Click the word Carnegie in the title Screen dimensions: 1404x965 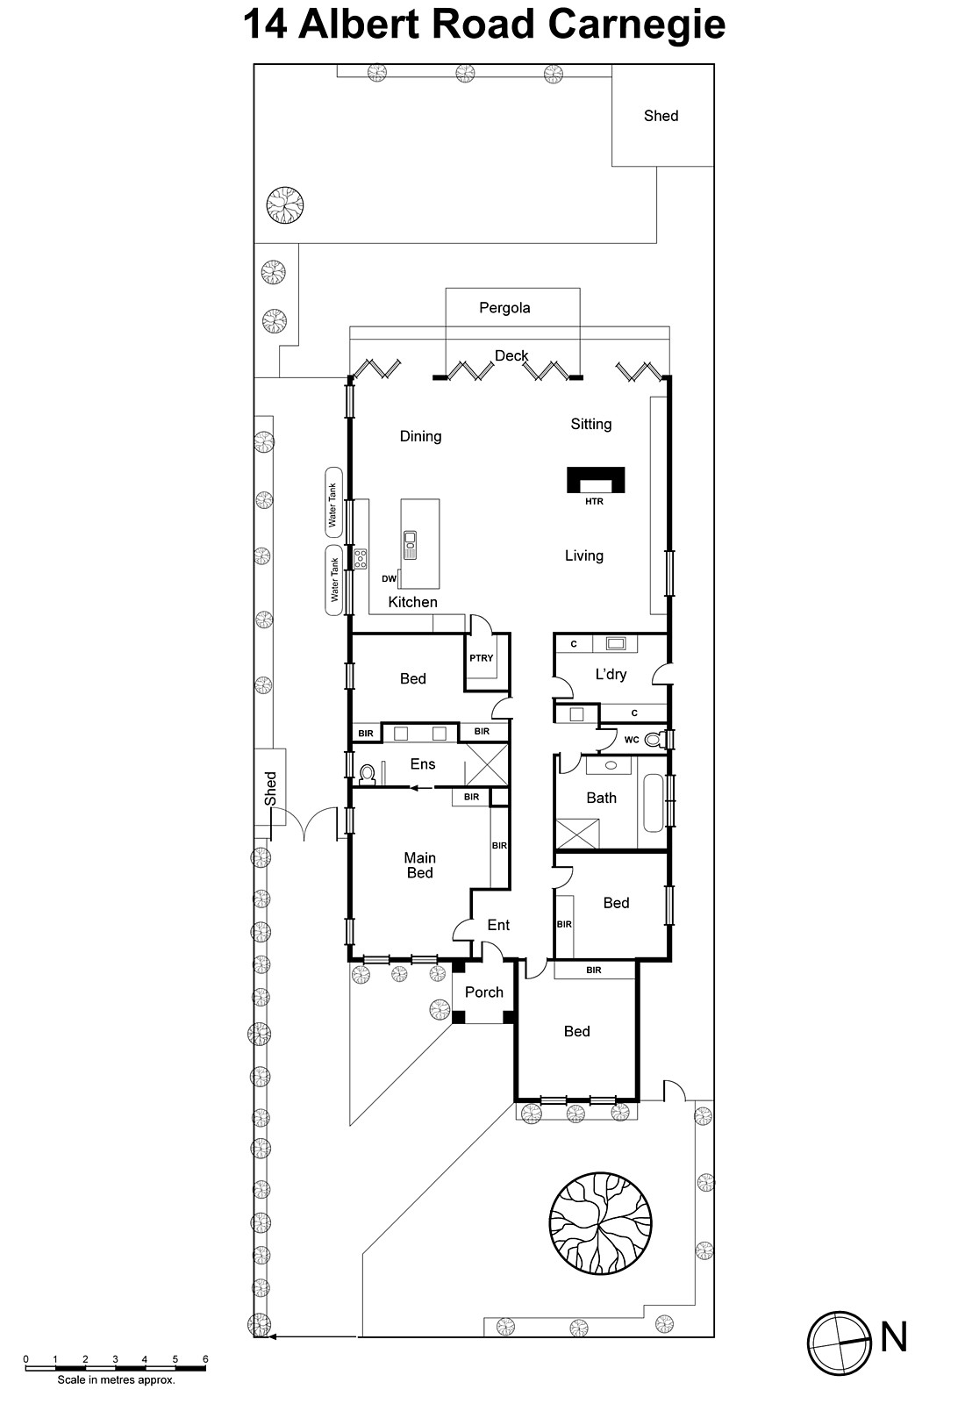(x=636, y=24)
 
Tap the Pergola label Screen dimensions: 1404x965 (x=504, y=308)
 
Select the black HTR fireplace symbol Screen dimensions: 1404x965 (x=596, y=481)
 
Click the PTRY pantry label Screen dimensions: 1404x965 (x=481, y=658)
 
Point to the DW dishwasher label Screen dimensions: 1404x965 (x=389, y=579)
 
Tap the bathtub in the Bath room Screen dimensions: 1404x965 (x=654, y=803)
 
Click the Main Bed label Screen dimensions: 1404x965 (x=419, y=865)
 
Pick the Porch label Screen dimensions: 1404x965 (x=484, y=992)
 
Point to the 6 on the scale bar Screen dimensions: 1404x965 (x=205, y=1359)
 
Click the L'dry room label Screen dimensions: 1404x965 (x=611, y=675)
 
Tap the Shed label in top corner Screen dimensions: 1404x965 (x=661, y=116)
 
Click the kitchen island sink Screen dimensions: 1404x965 (x=410, y=544)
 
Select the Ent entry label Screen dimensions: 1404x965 (x=498, y=925)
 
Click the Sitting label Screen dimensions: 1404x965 (x=590, y=424)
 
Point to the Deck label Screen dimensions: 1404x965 (x=511, y=356)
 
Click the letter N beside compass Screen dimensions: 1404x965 (x=893, y=1338)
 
